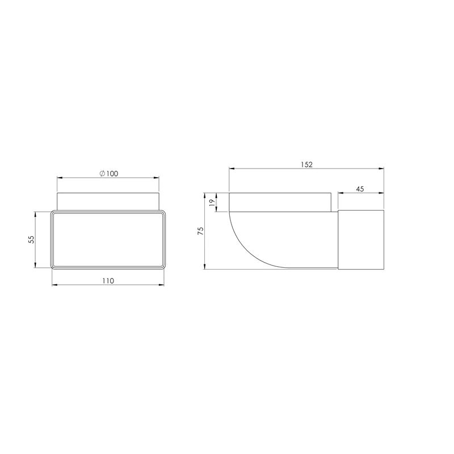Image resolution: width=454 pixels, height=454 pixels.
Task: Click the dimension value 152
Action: [306, 165]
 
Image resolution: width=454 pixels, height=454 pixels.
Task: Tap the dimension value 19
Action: [212, 202]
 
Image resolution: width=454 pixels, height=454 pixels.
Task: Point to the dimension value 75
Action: [200, 230]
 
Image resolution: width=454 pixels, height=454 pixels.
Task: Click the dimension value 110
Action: [108, 280]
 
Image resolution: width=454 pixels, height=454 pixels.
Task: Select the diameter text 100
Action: [112, 174]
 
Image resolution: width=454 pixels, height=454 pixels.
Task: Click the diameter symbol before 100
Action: [100, 174]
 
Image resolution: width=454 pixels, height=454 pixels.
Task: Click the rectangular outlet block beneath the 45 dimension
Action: [361, 239]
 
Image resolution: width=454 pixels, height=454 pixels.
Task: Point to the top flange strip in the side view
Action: [280, 202]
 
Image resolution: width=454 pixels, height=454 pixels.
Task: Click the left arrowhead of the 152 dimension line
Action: [230, 169]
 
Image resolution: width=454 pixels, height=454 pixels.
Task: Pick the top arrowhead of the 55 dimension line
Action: [36, 214]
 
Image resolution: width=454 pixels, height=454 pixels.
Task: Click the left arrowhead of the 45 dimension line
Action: [340, 194]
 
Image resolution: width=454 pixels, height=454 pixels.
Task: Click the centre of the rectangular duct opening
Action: [108, 239]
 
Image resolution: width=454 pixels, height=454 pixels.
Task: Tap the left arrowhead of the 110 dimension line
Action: [53, 285]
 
